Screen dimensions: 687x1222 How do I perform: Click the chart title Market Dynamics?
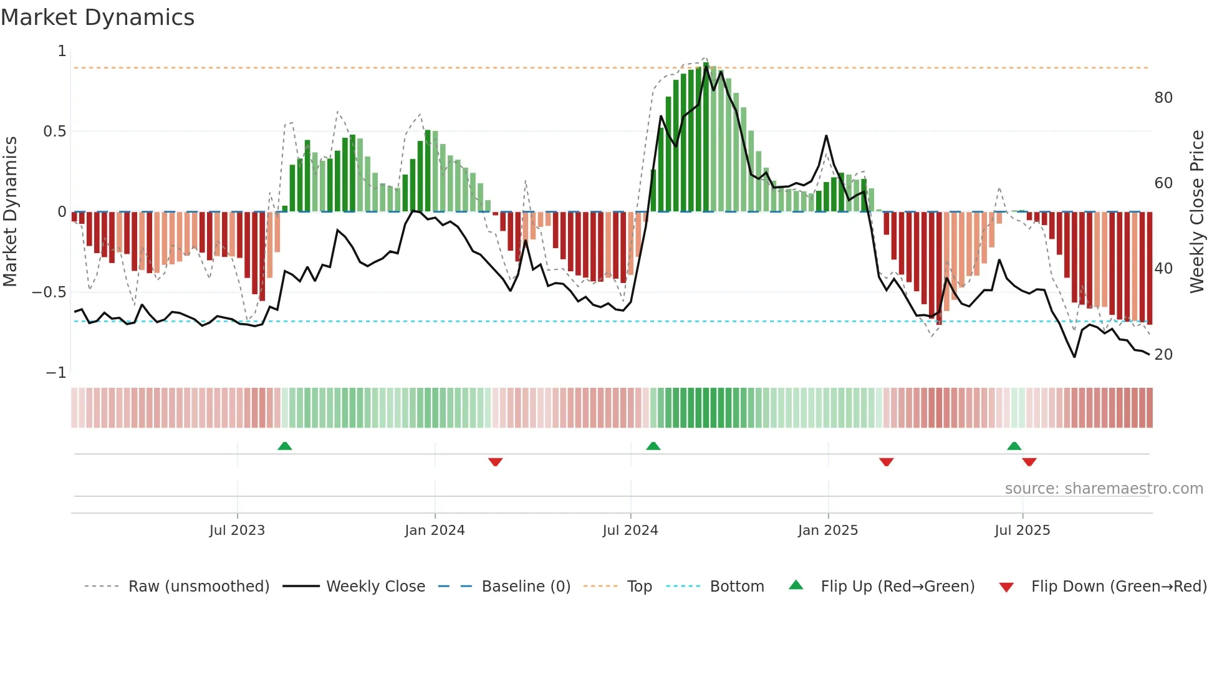98,17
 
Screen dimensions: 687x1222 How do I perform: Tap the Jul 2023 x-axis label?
237,531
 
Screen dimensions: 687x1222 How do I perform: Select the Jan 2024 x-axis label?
435,531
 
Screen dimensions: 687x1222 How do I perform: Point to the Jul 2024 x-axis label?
630,531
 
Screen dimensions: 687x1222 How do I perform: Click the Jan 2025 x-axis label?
828,531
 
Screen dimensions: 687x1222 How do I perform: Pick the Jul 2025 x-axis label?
1022,531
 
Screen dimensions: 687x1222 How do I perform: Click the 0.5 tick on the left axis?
54,132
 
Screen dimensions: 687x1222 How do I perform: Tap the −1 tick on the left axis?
56,373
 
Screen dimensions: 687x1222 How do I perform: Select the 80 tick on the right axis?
1163,98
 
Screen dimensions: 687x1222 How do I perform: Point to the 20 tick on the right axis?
1163,355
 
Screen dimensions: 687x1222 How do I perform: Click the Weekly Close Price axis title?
1196,212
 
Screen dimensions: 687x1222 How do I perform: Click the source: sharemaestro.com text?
1104,489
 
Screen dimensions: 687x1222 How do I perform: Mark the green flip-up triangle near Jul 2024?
653,446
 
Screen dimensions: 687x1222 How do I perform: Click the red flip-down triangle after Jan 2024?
496,462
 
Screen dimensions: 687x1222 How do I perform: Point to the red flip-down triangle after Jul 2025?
1029,462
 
